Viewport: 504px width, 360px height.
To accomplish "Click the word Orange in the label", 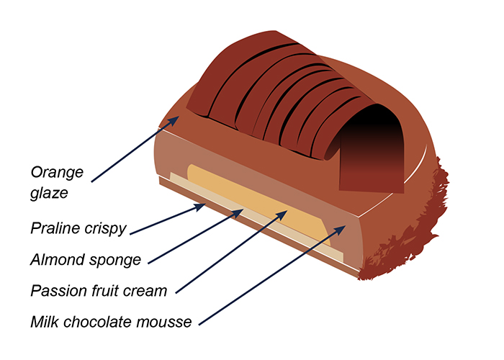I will (58, 172).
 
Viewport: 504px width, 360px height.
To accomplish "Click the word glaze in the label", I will (48, 194).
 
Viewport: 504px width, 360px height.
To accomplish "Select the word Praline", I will (55, 229).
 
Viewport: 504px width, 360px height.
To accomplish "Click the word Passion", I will (58, 291).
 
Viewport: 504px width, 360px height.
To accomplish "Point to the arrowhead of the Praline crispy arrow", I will (204, 206).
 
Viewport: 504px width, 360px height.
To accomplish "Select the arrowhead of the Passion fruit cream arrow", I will (289, 212).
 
